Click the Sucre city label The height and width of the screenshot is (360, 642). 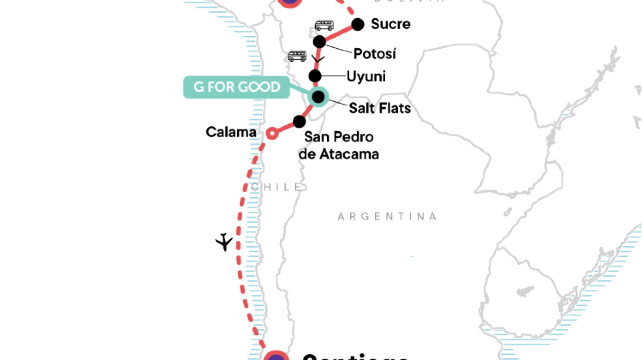tap(390, 25)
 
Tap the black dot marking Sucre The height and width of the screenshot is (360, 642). tap(358, 24)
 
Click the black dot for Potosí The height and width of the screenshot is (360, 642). tap(319, 42)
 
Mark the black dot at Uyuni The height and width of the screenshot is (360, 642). tap(316, 77)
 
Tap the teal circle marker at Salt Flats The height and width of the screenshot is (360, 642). tap(318, 97)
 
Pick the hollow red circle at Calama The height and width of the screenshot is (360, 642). tap(270, 132)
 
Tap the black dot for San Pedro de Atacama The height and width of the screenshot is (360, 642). tap(298, 121)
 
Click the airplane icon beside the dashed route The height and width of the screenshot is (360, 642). tap(225, 242)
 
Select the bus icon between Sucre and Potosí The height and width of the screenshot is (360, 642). tap(324, 26)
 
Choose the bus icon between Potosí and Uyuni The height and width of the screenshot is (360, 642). tap(297, 56)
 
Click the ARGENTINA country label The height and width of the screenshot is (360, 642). tap(387, 216)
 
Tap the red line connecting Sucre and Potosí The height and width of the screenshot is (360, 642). tap(338, 33)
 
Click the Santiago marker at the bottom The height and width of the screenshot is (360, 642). tap(277, 355)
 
